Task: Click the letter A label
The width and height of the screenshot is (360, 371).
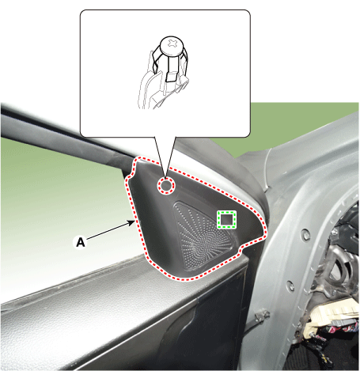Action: [x=81, y=242]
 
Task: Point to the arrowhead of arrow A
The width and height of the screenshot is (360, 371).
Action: [x=132, y=223]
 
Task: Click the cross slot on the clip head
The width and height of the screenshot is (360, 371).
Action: [x=173, y=43]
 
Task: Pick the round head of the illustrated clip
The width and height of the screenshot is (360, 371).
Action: [x=172, y=46]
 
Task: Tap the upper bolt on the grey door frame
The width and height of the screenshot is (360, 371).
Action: [x=306, y=234]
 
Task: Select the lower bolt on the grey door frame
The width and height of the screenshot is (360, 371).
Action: [x=290, y=286]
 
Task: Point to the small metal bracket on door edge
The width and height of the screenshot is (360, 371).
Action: [x=262, y=315]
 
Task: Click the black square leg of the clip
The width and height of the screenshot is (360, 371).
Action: [x=172, y=77]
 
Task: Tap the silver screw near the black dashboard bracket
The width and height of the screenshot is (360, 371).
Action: [x=335, y=232]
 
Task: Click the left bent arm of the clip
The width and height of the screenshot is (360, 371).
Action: [x=155, y=61]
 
